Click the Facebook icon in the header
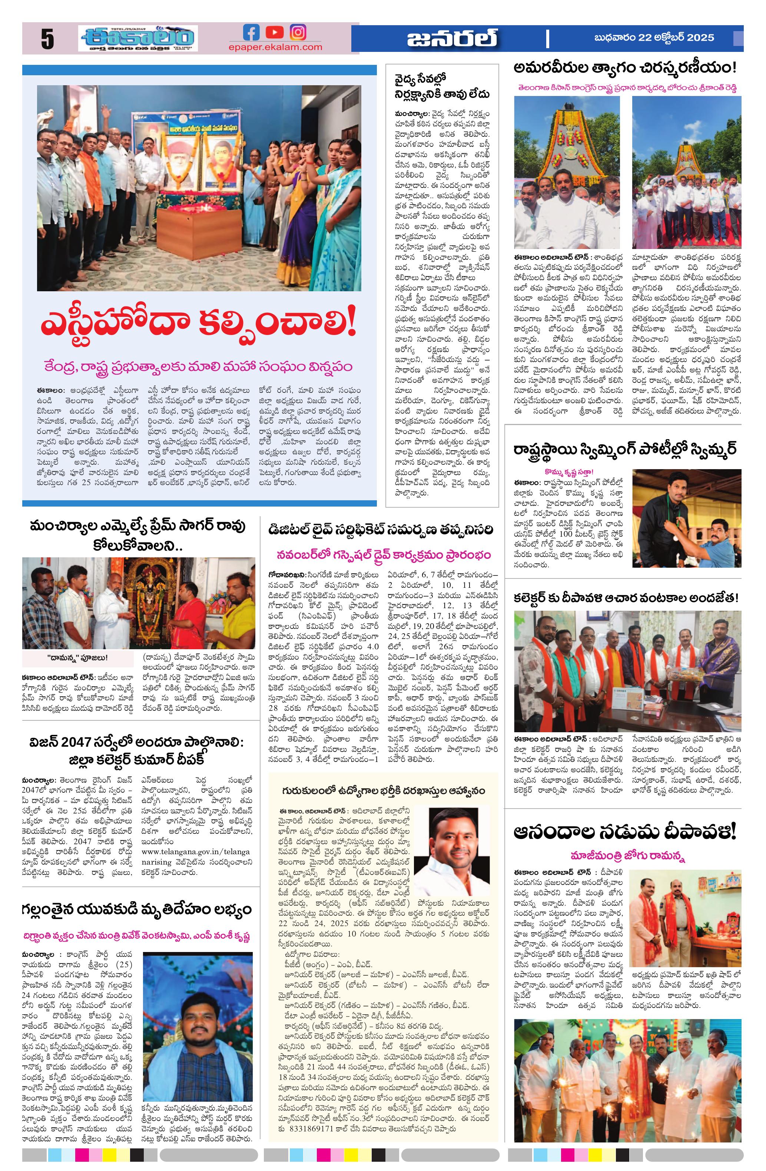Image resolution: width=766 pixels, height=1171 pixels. [x=251, y=33]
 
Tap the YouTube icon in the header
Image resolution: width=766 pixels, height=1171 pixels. [x=275, y=33]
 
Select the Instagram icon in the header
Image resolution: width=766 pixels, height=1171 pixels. [x=298, y=33]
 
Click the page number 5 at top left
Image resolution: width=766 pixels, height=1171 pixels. [x=47, y=39]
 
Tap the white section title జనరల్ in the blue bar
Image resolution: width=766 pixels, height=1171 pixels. [x=452, y=39]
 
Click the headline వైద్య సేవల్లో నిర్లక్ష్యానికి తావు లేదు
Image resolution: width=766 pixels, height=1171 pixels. [x=441, y=87]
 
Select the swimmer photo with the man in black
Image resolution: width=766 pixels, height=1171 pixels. [x=686, y=518]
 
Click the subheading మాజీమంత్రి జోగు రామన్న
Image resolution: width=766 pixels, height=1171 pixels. [x=621, y=856]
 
